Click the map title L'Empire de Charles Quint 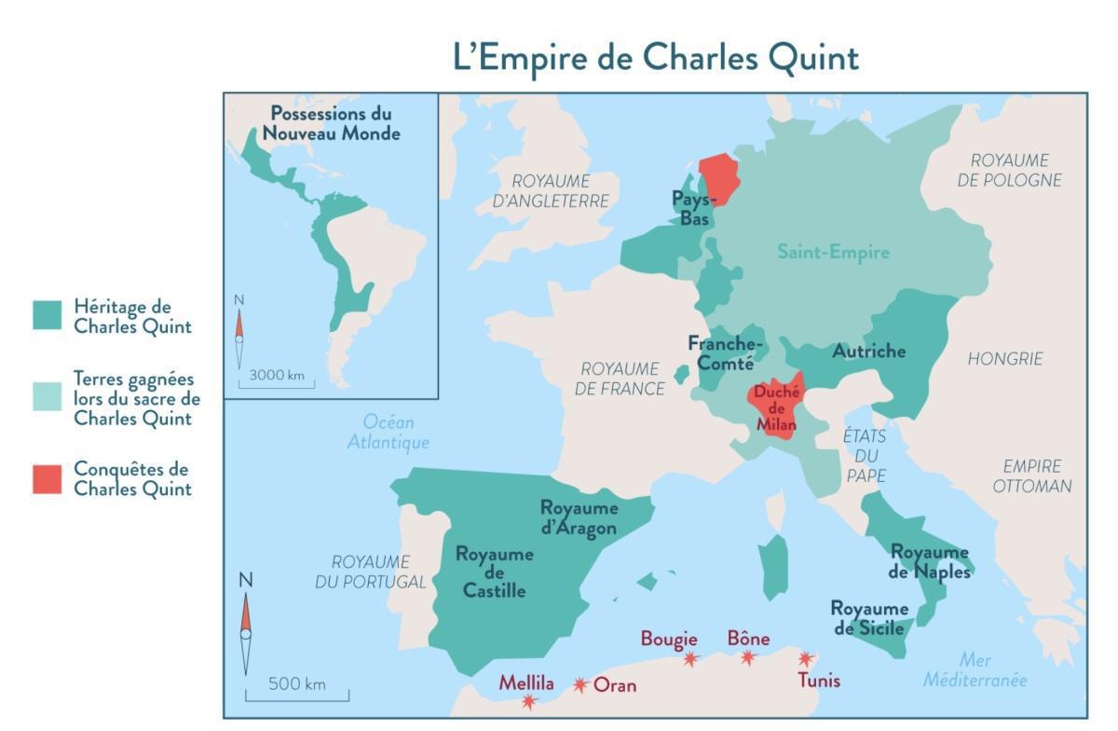655,57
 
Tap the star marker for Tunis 807,658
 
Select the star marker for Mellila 529,701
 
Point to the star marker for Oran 580,685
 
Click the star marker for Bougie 690,658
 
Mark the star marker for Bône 748,657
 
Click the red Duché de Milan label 775,408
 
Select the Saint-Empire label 833,252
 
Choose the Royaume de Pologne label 1009,170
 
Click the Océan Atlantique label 389,433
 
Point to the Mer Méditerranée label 975,669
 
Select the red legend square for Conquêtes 48,478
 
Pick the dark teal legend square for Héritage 48,315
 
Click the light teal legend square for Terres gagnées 48,397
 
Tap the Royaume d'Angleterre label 550,190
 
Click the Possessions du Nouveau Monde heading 331,123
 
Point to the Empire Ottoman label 1031,476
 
